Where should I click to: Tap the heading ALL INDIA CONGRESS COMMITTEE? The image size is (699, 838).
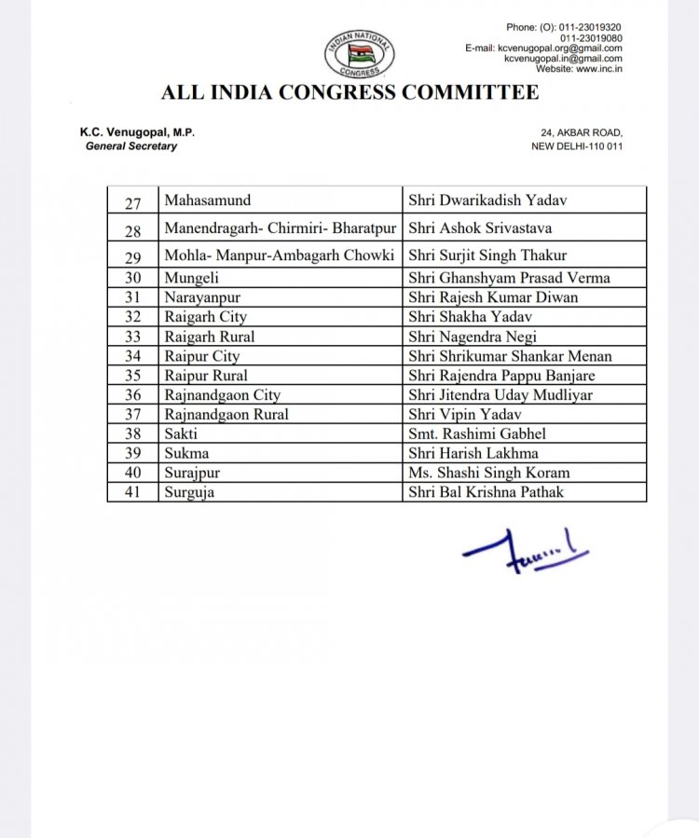point(349,92)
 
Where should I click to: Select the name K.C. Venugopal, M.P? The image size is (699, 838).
point(137,133)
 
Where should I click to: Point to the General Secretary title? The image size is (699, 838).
point(131,146)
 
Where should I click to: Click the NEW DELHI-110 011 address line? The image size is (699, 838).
point(576,146)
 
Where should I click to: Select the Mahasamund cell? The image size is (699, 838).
point(208,199)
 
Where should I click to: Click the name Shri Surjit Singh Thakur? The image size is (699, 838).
point(487,255)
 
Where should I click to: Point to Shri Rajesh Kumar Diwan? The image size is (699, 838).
point(493,297)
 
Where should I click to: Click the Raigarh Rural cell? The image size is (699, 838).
point(210,337)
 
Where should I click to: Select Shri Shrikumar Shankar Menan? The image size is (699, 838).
point(510,356)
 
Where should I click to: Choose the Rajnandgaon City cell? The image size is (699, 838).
point(223,394)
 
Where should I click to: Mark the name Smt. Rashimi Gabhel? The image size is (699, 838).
point(477,433)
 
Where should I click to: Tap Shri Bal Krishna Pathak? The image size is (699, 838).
point(487,491)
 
